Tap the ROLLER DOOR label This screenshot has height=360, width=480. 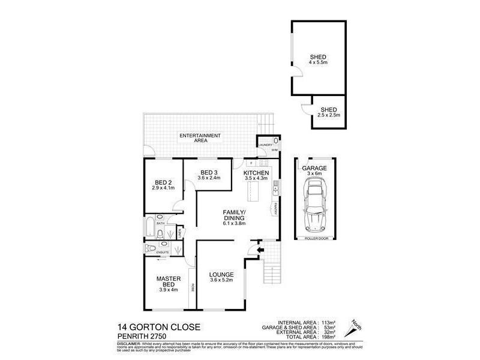(x=314, y=238)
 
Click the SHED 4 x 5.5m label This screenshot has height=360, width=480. (x=318, y=59)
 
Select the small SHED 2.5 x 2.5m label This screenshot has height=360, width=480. (x=329, y=112)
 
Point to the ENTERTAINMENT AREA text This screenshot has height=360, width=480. (x=201, y=137)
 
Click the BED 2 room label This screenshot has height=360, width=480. (x=163, y=185)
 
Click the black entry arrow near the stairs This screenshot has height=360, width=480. (x=260, y=250)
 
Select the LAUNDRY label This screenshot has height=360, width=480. (x=265, y=145)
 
